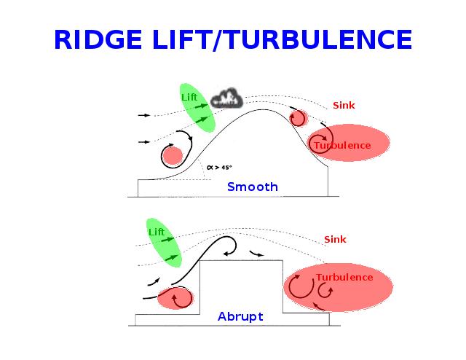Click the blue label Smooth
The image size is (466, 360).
tap(252, 187)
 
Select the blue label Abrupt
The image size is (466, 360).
tap(240, 317)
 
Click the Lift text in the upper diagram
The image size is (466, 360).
tap(189, 97)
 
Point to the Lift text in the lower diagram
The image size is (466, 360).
tap(156, 232)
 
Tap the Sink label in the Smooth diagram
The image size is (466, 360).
tap(344, 106)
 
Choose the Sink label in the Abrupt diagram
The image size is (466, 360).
tap(335, 239)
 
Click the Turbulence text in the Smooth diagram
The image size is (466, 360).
tap(342, 146)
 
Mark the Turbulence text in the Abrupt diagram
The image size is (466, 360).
tap(344, 278)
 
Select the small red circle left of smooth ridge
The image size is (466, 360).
tap(172, 155)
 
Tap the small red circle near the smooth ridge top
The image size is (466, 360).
tap(299, 117)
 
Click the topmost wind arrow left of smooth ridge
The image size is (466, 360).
tap(144, 115)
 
